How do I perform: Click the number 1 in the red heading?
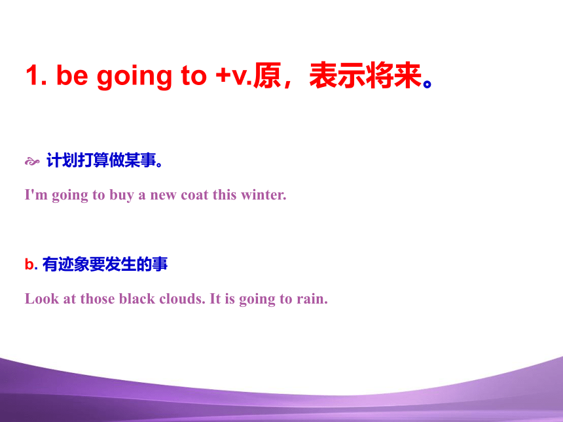coord(33,75)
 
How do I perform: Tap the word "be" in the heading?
coord(72,75)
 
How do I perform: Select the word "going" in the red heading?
coord(135,77)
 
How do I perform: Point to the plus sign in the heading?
coord(223,76)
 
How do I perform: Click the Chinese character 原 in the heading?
coord(267,75)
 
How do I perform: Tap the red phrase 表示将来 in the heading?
coord(365,75)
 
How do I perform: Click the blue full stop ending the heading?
coord(427,84)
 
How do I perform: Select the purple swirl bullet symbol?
coord(32,162)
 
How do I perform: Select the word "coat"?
coord(194,195)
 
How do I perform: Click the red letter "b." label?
coord(31,264)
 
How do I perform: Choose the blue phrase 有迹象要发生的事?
coord(105,264)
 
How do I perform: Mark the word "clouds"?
coord(182,298)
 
